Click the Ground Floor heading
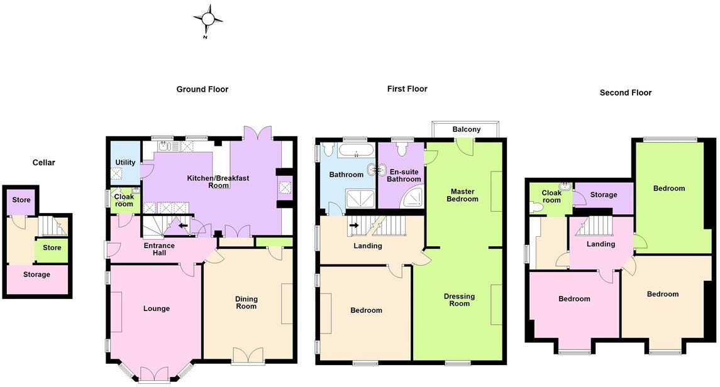point(202,90)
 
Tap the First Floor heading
point(407,89)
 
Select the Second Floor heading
point(625,92)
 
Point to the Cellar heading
point(44,163)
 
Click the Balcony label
point(467,129)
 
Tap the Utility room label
point(125,163)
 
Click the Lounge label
point(157,308)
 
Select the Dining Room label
point(246,303)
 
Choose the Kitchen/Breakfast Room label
point(218,182)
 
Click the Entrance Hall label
point(159,249)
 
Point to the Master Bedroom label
point(462,195)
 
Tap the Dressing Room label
point(459,300)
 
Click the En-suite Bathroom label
point(404,175)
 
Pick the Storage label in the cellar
point(36,275)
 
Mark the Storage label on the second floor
point(604,195)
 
